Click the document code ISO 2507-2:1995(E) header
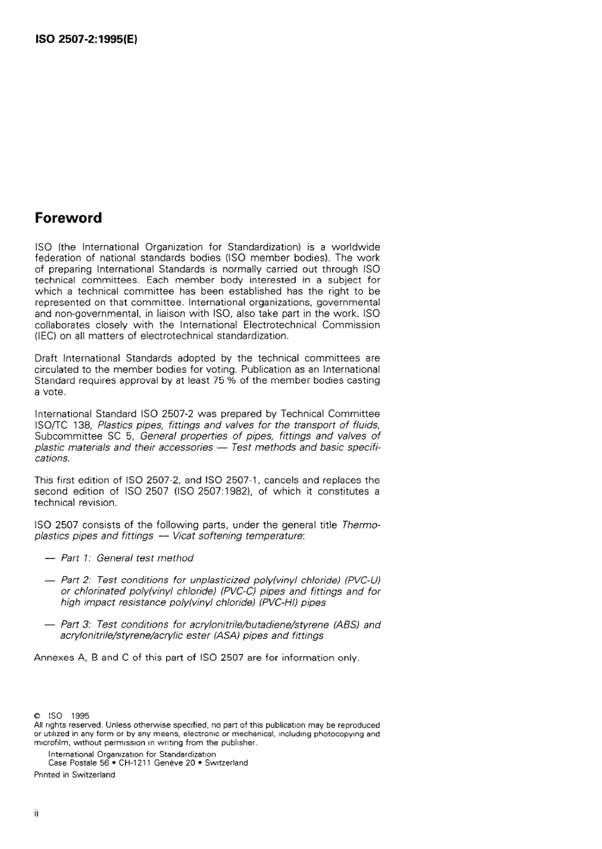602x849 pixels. (x=86, y=39)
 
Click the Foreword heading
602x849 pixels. (x=68, y=218)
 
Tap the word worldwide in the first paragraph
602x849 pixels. (x=355, y=247)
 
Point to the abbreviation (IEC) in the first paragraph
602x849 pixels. (x=46, y=336)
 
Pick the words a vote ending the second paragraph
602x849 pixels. (x=49, y=392)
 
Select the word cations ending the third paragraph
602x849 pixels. (x=52, y=458)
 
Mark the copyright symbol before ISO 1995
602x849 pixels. (x=38, y=716)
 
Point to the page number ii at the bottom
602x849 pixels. (x=37, y=814)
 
